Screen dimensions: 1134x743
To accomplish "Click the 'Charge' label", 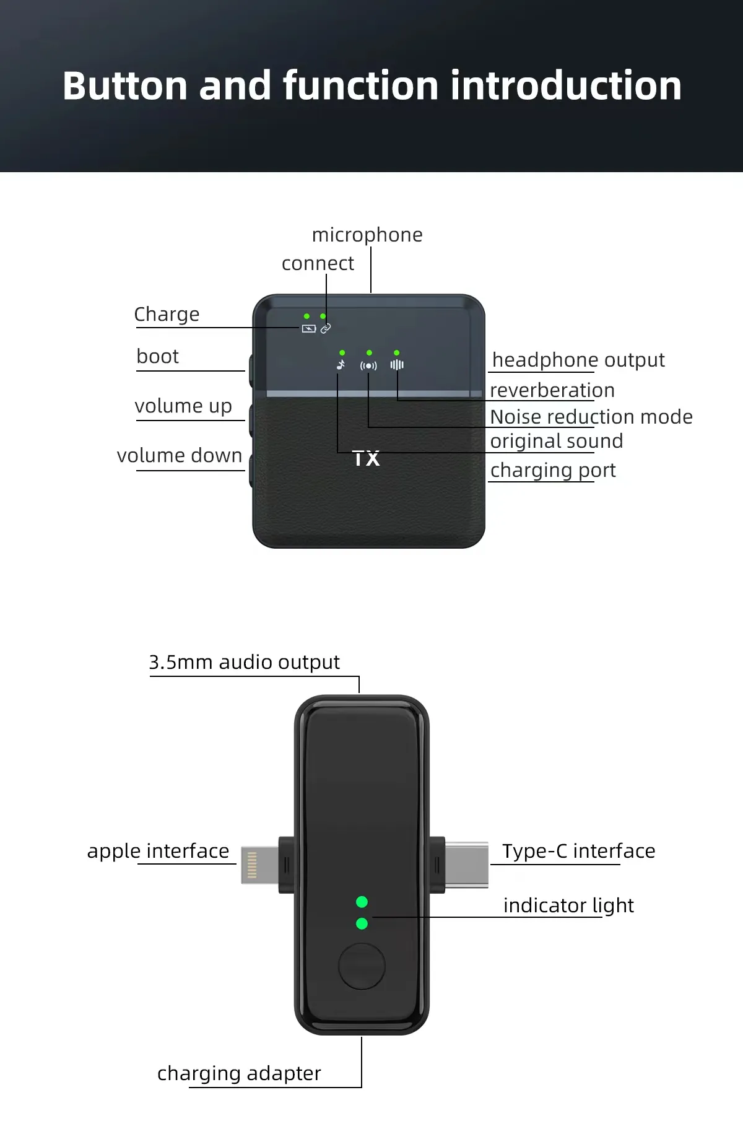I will [x=167, y=315].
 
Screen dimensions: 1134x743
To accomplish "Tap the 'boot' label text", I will [x=157, y=357].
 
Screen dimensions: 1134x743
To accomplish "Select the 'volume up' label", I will [x=183, y=406].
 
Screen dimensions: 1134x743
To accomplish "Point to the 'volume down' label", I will [x=180, y=456].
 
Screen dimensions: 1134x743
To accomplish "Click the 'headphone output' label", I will [x=578, y=360].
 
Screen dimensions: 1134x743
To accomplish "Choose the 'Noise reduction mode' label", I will [x=591, y=417].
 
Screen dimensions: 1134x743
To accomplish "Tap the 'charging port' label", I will [x=553, y=471].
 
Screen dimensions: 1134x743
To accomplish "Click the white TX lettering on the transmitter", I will [x=366, y=459].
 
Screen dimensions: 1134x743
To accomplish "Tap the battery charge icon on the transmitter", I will [x=308, y=329].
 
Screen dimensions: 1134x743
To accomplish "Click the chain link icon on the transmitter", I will [x=326, y=329].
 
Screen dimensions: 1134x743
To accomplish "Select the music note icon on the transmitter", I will [x=341, y=365].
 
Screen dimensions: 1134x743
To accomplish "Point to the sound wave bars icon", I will [x=397, y=365].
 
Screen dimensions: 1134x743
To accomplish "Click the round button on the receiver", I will [x=362, y=966].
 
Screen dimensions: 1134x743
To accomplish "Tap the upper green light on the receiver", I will [x=362, y=902].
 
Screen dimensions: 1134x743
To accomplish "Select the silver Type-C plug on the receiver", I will [x=467, y=865].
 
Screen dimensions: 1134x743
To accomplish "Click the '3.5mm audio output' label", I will [x=244, y=663].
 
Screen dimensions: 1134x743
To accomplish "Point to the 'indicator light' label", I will [x=568, y=906].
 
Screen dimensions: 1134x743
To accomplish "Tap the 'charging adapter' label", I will [x=239, y=1073].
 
